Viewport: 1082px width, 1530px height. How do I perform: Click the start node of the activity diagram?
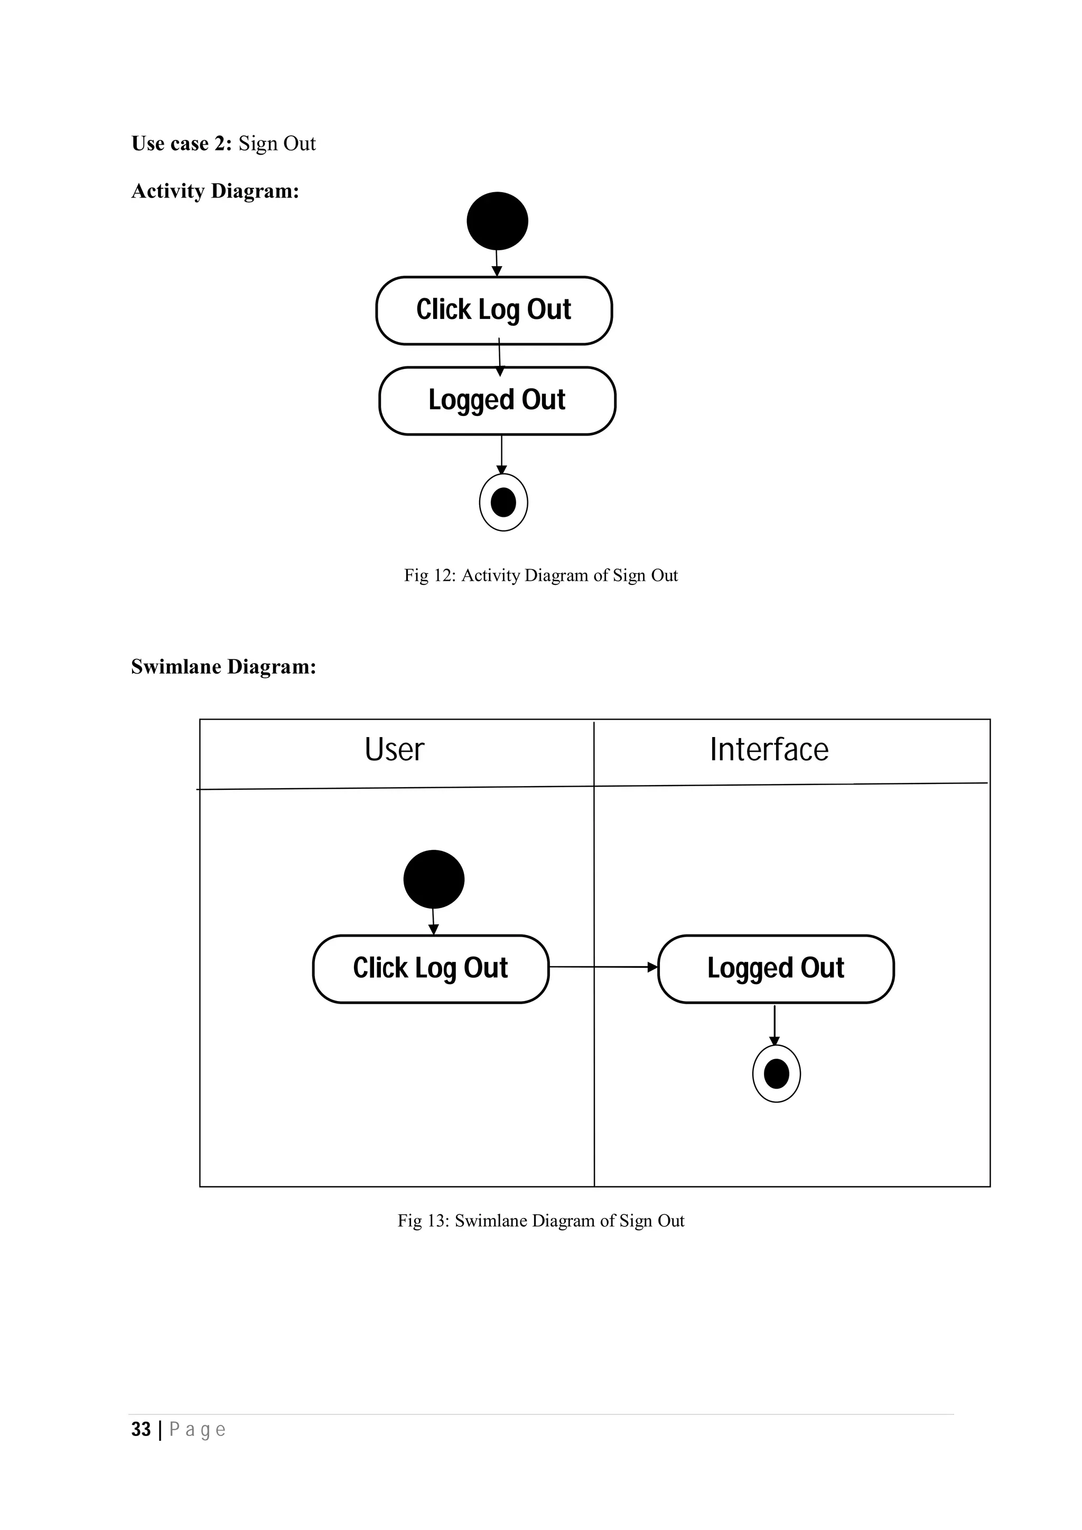497,221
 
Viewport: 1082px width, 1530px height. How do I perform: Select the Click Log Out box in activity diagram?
494,310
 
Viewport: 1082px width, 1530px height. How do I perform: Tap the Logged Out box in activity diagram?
497,401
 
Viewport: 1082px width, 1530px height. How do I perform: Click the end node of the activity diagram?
503,503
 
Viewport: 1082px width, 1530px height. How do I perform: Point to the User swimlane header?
395,750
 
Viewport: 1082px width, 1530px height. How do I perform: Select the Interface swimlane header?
769,750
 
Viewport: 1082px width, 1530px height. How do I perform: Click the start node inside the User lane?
433,879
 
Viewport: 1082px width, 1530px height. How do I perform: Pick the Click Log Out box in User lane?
431,968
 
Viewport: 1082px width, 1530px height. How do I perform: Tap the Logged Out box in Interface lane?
776,968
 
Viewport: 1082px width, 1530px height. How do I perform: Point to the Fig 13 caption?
540,1220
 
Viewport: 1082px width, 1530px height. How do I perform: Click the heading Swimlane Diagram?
223,666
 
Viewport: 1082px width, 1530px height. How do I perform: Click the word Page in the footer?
198,1429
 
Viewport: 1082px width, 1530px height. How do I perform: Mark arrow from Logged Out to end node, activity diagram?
501,455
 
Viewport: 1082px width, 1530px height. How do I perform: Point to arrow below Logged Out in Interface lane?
774,1025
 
